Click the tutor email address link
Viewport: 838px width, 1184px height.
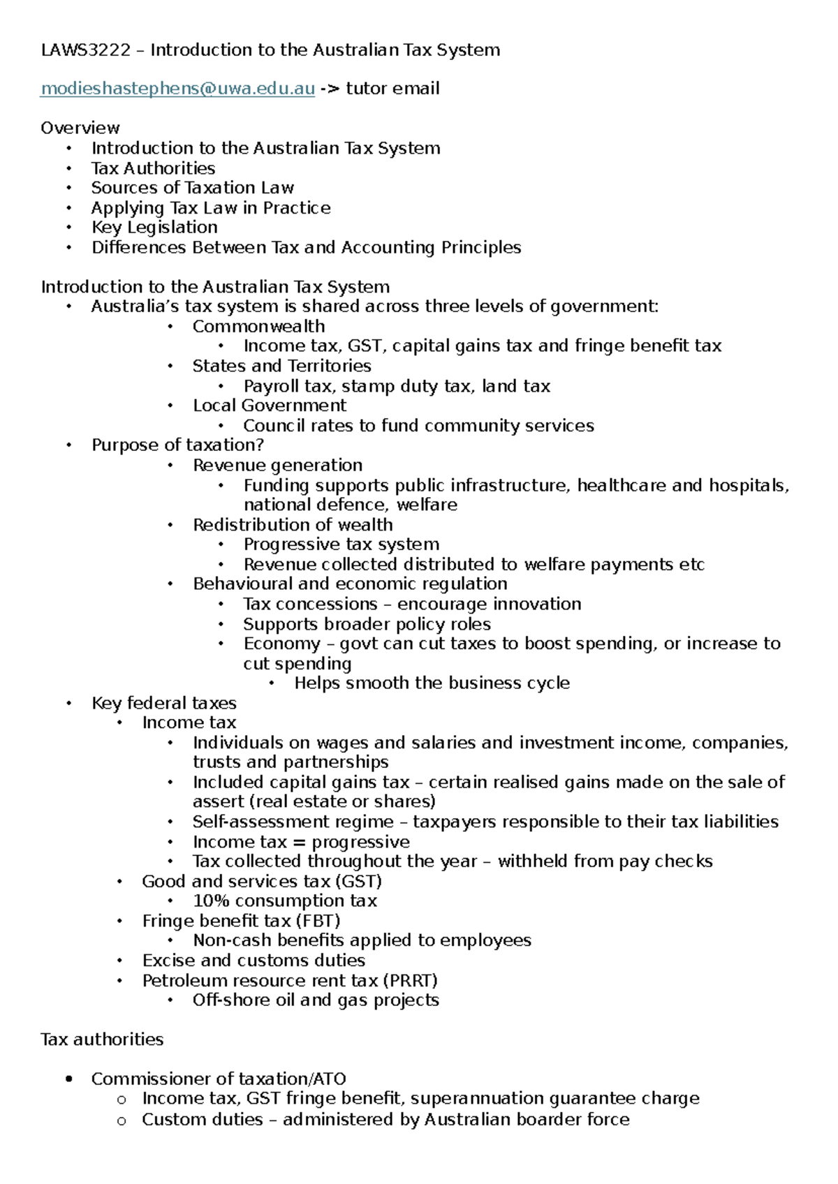pos(178,89)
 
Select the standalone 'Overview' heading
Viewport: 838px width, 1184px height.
pos(80,128)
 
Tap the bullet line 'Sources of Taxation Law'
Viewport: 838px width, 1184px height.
pos(193,188)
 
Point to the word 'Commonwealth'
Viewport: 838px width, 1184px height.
pos(259,327)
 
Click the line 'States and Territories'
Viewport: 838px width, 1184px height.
pos(282,366)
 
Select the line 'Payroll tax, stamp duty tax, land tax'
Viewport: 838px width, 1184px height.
pos(397,386)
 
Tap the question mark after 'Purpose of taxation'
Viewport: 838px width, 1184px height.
pos(260,445)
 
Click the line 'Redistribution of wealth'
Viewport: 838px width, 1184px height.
pos(293,525)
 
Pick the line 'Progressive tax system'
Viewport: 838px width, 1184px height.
pos(341,545)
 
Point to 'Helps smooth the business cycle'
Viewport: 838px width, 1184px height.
pos(432,683)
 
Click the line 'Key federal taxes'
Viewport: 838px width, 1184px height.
pos(164,703)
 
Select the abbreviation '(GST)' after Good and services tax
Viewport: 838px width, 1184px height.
pos(359,882)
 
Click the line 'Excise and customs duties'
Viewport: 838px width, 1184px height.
pos(253,961)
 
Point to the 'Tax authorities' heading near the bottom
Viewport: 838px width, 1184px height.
pos(102,1039)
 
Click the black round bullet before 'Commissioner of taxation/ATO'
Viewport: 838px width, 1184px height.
pos(68,1079)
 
